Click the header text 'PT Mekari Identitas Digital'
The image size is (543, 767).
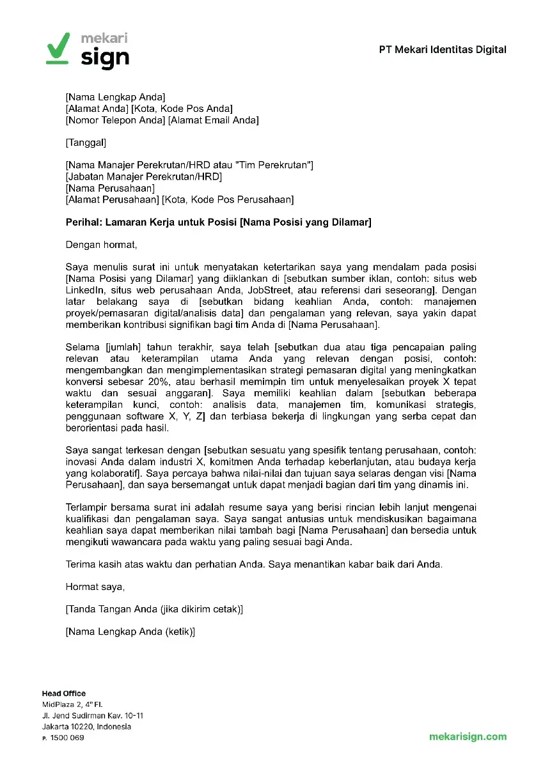442,50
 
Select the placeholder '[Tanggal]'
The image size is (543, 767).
86,143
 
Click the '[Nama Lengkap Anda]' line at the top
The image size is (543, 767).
115,97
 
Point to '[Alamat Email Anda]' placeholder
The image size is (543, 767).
213,120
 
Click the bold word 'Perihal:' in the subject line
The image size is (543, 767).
85,222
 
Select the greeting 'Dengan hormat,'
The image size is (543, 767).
101,244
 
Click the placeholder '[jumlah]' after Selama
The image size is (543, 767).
122,348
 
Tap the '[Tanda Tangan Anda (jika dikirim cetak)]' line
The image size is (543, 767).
154,610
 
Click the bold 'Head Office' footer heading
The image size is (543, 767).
63,693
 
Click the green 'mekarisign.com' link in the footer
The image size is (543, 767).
468,736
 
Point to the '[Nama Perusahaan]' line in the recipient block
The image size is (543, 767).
110,189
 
